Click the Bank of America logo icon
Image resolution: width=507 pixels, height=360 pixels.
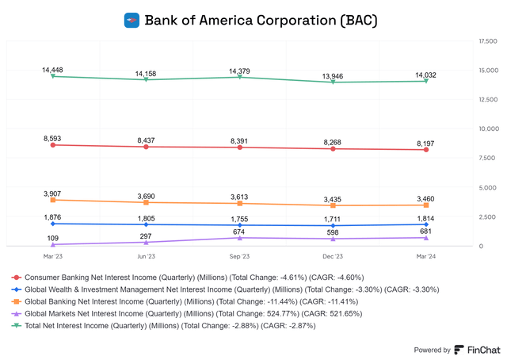[x=132, y=20]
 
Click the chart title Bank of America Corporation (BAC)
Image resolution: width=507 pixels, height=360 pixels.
[x=261, y=20]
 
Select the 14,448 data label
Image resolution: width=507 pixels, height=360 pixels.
[x=52, y=70]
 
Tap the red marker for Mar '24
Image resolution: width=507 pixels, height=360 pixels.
[x=426, y=149]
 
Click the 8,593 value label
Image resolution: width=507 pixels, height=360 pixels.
[x=52, y=138]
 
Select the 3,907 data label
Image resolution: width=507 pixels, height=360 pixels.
[x=52, y=193]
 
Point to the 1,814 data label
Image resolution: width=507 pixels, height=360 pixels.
[x=426, y=216]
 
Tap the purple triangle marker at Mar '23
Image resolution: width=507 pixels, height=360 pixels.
[x=52, y=244]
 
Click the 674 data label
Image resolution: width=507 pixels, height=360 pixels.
[x=239, y=231]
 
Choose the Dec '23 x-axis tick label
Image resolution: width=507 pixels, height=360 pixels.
[x=333, y=257]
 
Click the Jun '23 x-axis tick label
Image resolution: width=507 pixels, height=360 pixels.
[x=146, y=257]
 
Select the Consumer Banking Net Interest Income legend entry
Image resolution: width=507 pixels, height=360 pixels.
[x=197, y=278]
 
